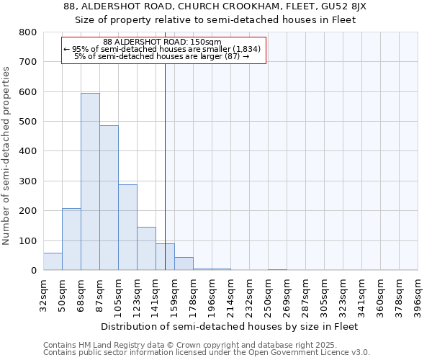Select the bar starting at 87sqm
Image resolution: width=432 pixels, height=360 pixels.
pyautogui.click(x=109, y=198)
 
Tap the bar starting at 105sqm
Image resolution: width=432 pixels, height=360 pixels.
pyautogui.click(x=127, y=228)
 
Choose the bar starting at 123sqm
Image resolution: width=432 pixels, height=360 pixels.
pyautogui.click(x=146, y=248)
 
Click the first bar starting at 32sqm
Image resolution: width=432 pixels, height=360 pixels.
pyautogui.click(x=53, y=261)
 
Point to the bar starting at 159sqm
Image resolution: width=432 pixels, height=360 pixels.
pyautogui.click(x=184, y=264)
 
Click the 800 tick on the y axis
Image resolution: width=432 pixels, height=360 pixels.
pyautogui.click(x=28, y=32)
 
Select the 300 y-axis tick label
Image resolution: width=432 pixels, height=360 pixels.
pyautogui.click(x=28, y=181)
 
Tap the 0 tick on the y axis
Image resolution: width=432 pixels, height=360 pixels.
pyautogui.click(x=33, y=271)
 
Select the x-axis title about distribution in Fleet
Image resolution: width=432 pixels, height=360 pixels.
pyautogui.click(x=230, y=326)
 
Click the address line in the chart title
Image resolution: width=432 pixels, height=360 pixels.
pyautogui.click(x=215, y=6)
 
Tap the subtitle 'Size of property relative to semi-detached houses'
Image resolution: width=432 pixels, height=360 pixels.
pyautogui.click(x=215, y=19)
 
